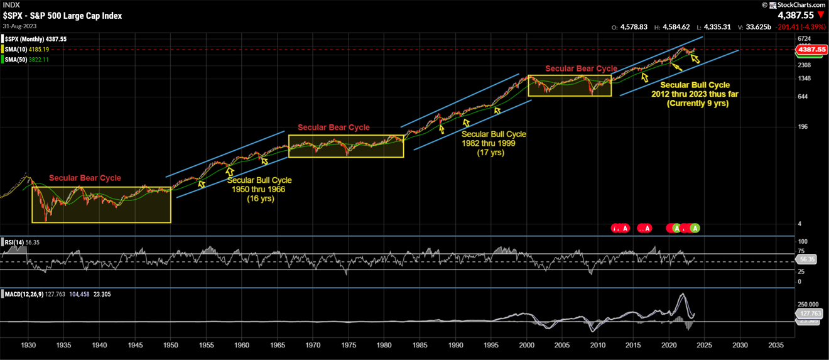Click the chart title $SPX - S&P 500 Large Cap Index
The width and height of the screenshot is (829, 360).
(x=62, y=16)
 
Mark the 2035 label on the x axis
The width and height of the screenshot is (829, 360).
(x=776, y=346)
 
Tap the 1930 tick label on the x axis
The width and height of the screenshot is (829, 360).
(x=28, y=346)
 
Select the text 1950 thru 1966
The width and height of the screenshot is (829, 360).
(x=259, y=189)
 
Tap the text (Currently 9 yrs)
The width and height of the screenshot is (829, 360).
(x=697, y=103)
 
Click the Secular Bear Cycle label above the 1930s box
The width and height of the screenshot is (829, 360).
(x=85, y=178)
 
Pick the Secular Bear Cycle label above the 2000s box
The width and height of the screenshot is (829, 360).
(x=581, y=68)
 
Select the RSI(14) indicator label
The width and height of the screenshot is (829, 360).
(x=14, y=242)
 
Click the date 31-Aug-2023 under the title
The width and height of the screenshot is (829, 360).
(x=19, y=26)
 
